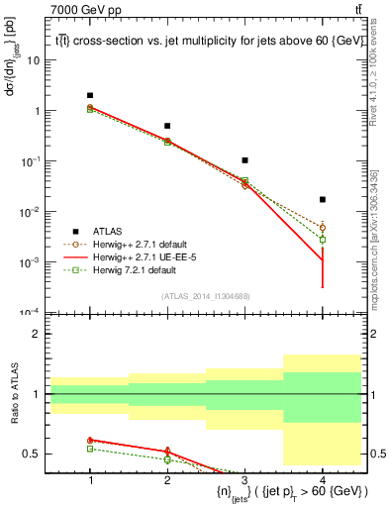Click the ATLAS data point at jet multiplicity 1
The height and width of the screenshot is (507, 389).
[90, 95]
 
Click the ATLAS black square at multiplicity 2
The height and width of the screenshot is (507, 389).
[167, 126]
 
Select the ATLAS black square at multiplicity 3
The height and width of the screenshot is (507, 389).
[244, 160]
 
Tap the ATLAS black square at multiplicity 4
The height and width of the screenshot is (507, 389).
[322, 200]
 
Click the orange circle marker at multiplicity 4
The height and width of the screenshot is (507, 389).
[322, 227]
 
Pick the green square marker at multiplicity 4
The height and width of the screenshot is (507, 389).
[322, 240]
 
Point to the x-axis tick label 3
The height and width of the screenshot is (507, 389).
[244, 480]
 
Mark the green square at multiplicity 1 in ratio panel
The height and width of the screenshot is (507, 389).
[90, 449]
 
